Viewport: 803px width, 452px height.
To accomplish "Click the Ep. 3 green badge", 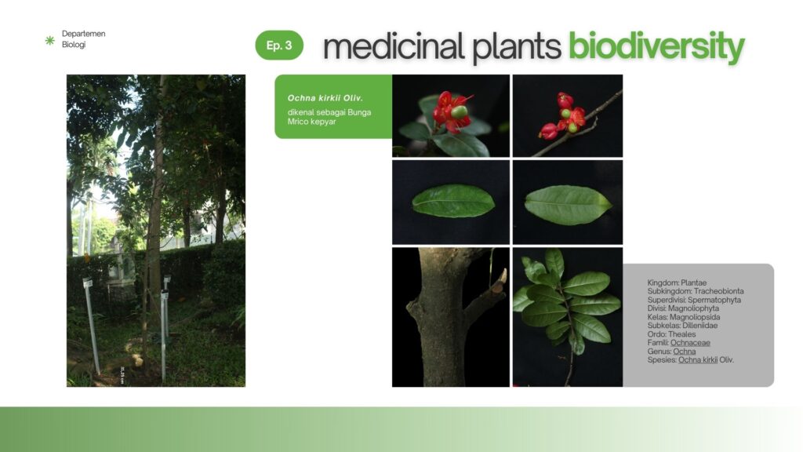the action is [279, 45].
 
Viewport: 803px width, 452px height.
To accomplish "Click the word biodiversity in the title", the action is [656, 47].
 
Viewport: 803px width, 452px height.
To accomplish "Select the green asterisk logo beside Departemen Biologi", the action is [49, 40].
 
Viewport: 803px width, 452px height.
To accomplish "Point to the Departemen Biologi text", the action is [83, 39].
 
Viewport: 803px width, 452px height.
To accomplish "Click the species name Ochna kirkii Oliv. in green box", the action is [325, 98].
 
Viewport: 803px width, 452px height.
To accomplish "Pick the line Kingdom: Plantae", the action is [677, 282].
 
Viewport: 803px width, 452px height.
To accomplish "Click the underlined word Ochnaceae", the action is [690, 342].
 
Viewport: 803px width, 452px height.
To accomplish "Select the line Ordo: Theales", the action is [671, 334].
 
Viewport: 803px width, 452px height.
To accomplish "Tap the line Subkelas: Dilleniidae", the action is [682, 326].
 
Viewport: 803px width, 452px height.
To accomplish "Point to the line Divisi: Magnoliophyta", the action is [683, 308].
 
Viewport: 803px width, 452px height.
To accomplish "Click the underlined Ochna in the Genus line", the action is [684, 352].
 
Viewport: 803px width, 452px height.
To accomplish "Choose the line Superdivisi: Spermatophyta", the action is [694, 300].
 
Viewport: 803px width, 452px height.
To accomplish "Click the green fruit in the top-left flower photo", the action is [460, 111].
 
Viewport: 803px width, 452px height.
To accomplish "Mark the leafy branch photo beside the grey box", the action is [568, 317].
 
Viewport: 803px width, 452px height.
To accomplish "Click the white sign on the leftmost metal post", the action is [88, 282].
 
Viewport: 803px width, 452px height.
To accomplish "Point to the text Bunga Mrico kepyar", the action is [329, 117].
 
